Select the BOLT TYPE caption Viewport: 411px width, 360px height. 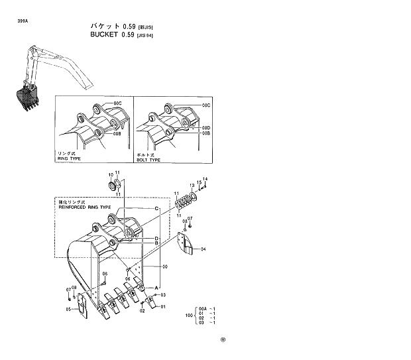148,160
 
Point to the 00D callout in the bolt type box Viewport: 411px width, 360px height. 206,128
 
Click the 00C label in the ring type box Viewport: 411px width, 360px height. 117,104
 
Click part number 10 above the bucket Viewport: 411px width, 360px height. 111,174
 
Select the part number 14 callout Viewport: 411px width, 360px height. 205,179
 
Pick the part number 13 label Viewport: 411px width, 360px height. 192,184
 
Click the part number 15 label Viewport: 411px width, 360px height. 198,182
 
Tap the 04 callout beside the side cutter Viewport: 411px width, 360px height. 204,249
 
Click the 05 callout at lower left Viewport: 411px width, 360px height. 68,309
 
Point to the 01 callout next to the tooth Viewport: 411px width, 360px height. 163,306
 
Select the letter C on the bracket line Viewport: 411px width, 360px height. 157,209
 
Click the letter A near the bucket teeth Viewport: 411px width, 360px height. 156,286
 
